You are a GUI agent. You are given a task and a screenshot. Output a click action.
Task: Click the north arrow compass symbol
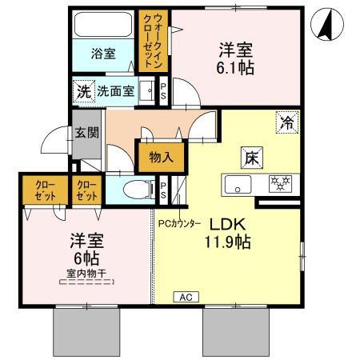[x=327, y=24]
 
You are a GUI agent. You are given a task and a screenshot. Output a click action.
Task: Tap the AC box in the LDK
[x=186, y=297]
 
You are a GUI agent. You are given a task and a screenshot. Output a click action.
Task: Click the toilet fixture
[x=138, y=190]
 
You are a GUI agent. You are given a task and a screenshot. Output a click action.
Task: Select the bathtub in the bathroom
[x=103, y=25]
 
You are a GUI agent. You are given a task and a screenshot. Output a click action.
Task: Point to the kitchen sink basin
[x=238, y=185]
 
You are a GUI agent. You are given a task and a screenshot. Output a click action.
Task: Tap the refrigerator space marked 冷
[x=287, y=122]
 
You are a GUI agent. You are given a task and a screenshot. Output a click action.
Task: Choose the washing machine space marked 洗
[x=84, y=91]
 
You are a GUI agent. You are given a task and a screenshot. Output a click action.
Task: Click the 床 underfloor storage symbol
[x=252, y=158]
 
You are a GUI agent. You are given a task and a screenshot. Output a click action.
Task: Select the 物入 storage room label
[x=161, y=158]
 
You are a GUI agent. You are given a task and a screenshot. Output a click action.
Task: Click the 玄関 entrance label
[x=86, y=133]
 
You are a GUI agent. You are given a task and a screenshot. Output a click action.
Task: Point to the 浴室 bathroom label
[x=103, y=54]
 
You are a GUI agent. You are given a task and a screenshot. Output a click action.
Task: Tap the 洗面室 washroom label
[x=115, y=91]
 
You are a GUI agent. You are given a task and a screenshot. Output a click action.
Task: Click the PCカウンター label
[x=179, y=223]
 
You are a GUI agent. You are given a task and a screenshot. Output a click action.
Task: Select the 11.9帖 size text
[x=227, y=242]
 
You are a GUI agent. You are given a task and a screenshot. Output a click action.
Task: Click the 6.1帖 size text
[x=235, y=68]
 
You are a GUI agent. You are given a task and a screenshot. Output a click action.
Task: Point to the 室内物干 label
[x=86, y=274]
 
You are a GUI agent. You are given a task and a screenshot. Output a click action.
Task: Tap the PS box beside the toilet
[x=163, y=190]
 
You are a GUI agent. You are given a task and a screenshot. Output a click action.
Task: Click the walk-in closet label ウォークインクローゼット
[x=153, y=41]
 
